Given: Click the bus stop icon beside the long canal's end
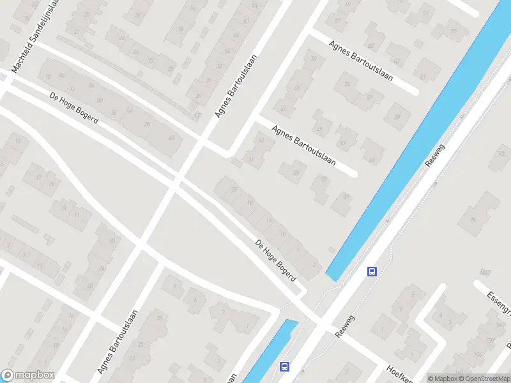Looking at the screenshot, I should (371, 271).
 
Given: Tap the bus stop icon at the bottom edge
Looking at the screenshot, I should (284, 366).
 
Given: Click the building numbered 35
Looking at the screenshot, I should (294, 172).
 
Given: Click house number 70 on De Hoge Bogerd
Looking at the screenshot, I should (48, 77).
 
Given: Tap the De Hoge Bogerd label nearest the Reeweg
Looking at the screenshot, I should (276, 260).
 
